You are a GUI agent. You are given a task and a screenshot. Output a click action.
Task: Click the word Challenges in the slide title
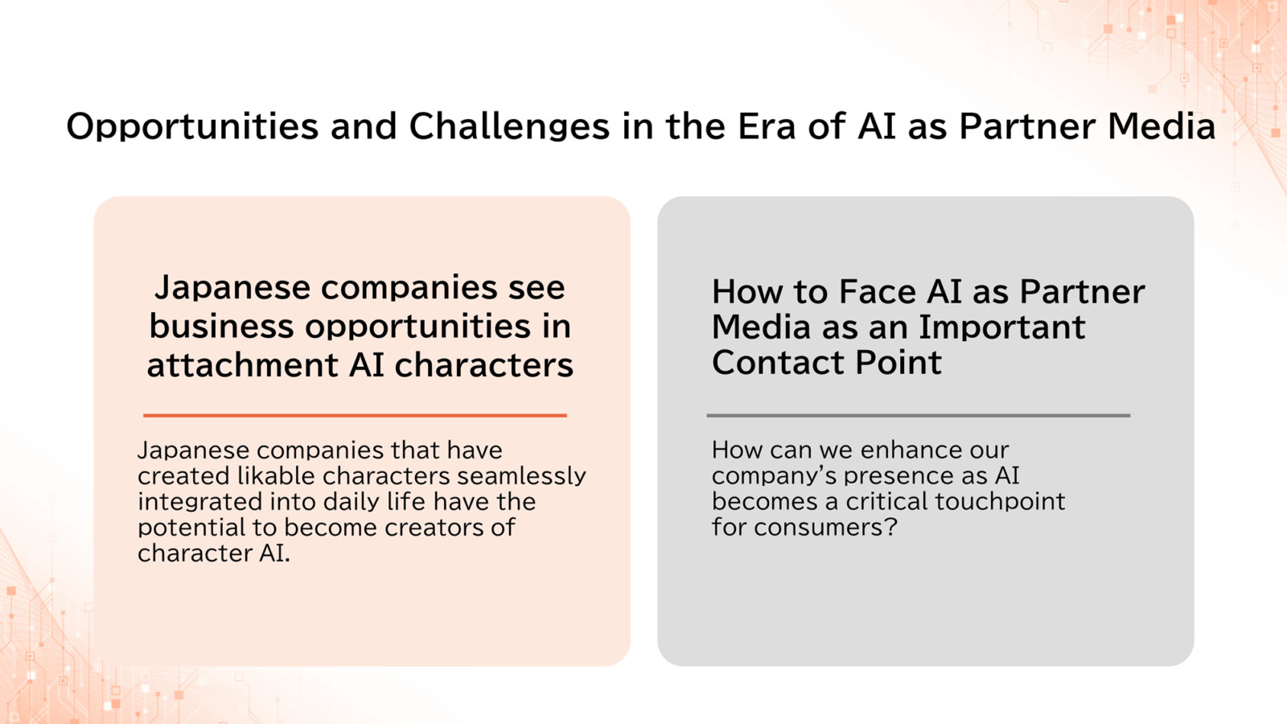click(509, 125)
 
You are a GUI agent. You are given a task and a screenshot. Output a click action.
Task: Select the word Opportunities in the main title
click(192, 127)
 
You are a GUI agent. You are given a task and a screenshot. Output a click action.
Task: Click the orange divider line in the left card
click(355, 415)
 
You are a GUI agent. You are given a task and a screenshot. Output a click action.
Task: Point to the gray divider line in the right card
click(918, 415)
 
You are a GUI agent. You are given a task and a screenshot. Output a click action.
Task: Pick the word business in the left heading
click(222, 326)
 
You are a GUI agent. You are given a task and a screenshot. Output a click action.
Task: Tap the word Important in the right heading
click(1002, 327)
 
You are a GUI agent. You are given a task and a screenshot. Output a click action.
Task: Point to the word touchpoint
click(1000, 502)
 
